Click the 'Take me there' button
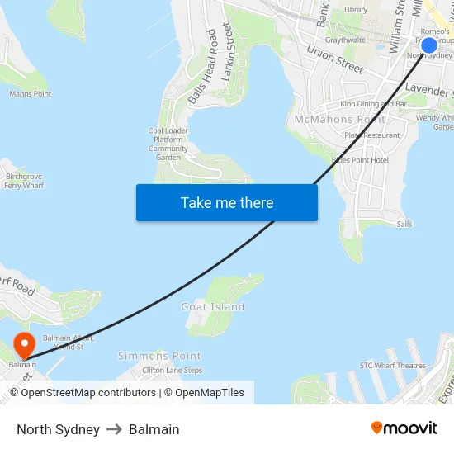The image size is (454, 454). tap(227, 202)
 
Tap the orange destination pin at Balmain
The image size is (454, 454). tap(24, 343)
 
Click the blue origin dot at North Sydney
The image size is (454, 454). tap(429, 45)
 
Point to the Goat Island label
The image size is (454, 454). tap(213, 307)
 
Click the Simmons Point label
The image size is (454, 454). tap(159, 356)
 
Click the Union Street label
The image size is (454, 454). tap(335, 59)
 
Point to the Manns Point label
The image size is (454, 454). tap(31, 94)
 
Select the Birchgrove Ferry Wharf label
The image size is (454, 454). tap(24, 182)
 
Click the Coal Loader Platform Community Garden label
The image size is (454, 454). tap(168, 144)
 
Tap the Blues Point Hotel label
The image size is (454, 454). tap(360, 160)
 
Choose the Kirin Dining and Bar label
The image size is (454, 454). tap(374, 105)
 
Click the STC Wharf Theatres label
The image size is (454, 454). tap(392, 366)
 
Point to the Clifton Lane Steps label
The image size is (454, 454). tap(172, 371)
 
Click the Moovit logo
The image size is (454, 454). tap(404, 428)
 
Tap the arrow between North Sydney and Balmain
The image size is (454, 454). tap(114, 429)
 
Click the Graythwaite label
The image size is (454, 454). tap(345, 40)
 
